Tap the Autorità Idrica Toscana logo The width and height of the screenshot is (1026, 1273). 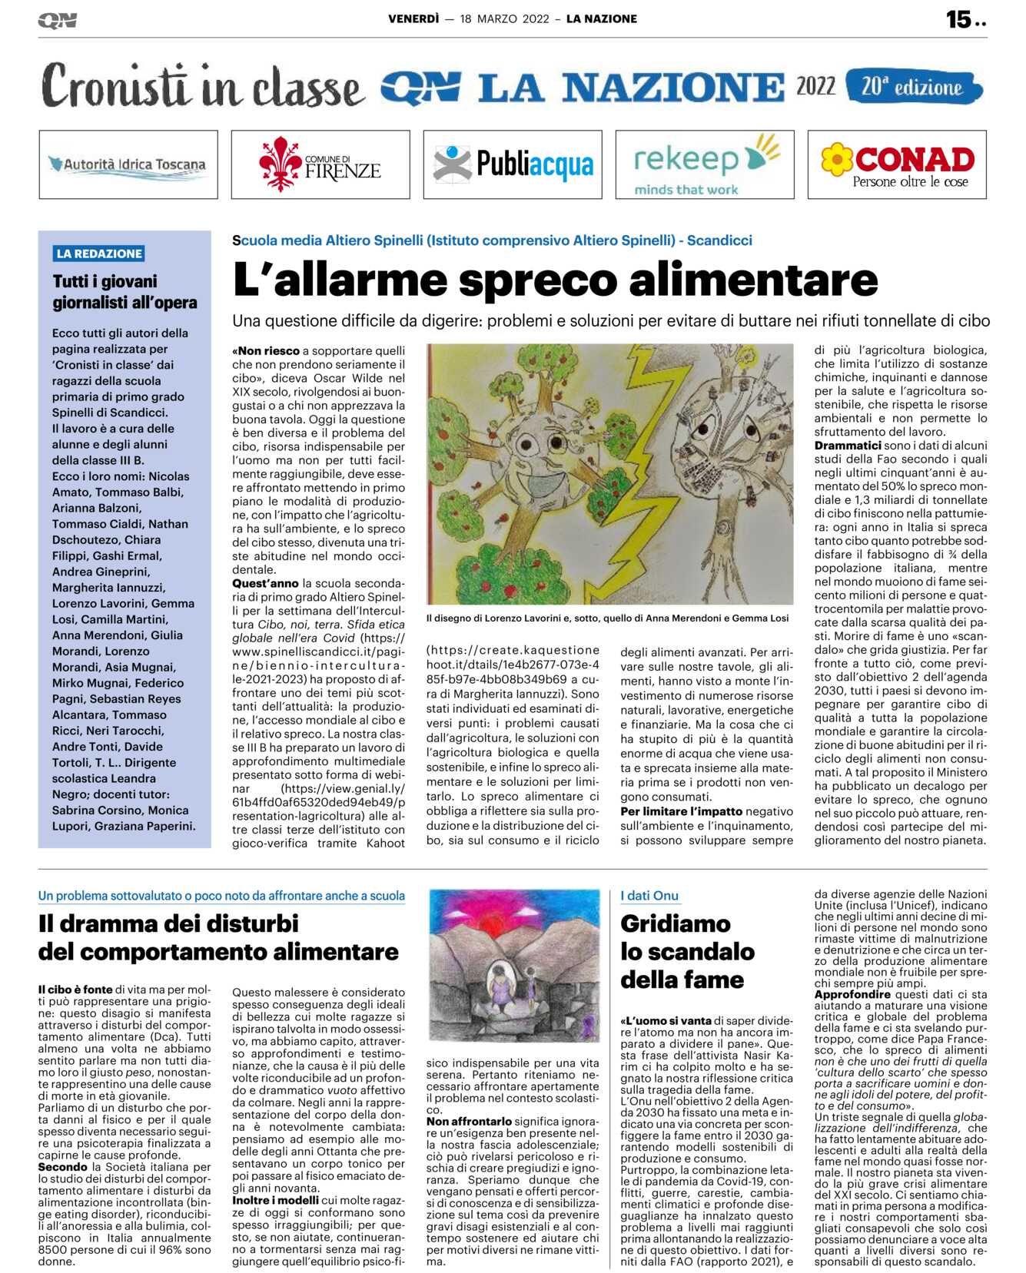(128, 164)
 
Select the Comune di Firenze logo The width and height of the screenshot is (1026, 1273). (320, 164)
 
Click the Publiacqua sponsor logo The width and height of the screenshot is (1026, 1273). (513, 164)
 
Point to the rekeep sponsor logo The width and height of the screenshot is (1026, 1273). (705, 164)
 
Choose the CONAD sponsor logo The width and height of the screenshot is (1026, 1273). (897, 164)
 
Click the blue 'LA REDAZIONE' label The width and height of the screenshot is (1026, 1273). (99, 254)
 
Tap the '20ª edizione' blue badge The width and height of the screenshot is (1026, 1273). (913, 87)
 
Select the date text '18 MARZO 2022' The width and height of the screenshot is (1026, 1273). (504, 19)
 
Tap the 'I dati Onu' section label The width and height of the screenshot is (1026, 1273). (649, 896)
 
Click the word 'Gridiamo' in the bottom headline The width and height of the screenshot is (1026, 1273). (676, 923)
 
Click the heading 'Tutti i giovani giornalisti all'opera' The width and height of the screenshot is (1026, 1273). (125, 292)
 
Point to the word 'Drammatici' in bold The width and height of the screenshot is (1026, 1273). (848, 446)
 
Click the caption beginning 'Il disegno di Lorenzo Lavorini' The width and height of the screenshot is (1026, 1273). (607, 618)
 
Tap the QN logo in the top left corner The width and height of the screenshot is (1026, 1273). (57, 20)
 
